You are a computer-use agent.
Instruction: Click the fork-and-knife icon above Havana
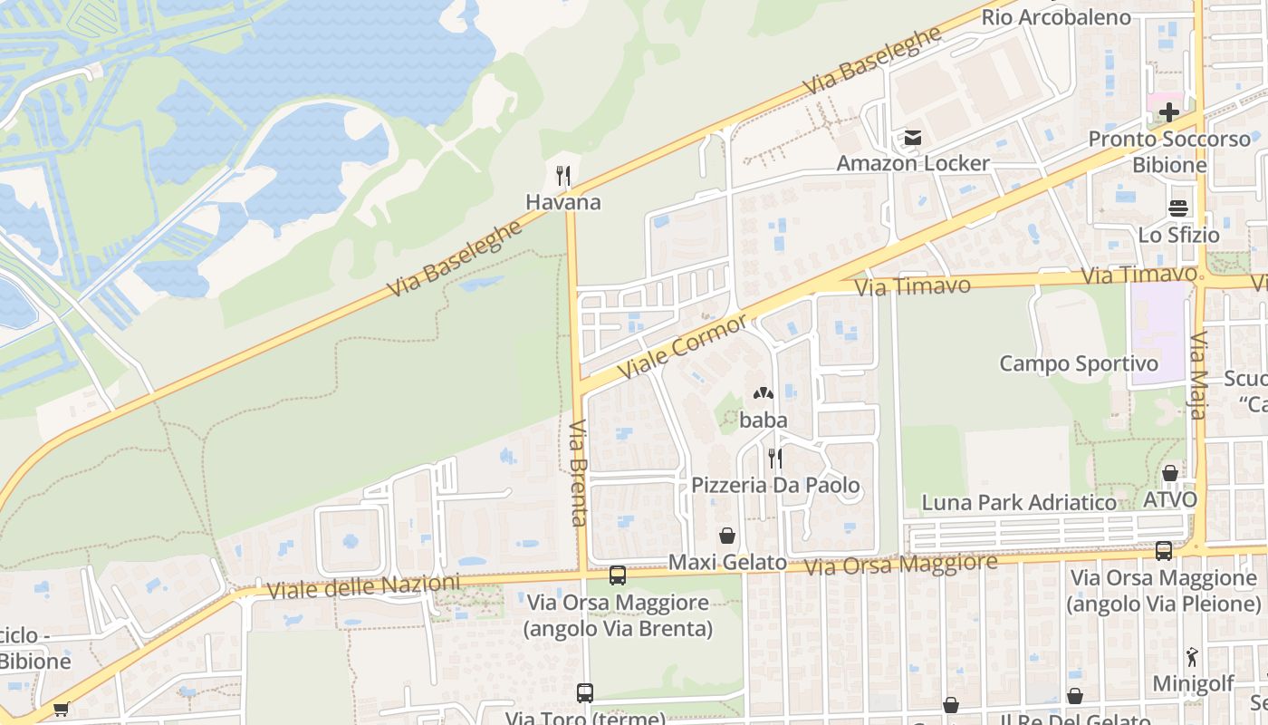563,175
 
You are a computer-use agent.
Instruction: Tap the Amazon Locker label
913,164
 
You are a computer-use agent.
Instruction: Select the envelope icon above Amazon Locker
912,139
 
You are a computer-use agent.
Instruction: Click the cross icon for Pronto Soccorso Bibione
1169,112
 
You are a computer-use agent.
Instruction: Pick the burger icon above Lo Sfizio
1178,208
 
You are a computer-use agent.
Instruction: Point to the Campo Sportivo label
1079,363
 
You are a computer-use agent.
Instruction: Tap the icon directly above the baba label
763,394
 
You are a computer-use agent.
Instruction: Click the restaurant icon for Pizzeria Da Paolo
774,459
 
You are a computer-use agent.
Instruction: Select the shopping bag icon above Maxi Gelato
726,536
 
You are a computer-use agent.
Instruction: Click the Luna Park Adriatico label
1019,502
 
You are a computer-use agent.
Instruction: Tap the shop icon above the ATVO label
1169,473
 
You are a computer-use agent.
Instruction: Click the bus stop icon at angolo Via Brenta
618,575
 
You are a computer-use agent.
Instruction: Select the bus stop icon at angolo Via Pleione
1164,550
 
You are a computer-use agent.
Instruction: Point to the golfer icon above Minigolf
1192,657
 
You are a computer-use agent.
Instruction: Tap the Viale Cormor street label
683,347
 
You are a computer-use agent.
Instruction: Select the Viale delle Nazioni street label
363,587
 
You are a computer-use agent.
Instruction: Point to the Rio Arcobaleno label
1056,17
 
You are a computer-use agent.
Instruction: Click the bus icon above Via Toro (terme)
585,693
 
